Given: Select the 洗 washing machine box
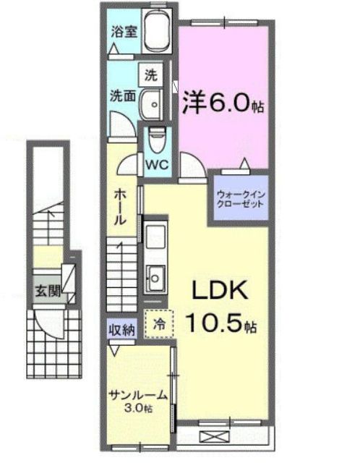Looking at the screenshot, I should click(x=150, y=75).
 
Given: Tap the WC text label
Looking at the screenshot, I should click(x=158, y=163).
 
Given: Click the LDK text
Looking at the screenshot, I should click(x=219, y=292).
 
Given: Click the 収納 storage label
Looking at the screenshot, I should click(x=122, y=330).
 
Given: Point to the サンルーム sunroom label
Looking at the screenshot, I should click(x=139, y=395).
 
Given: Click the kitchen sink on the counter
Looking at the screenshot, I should click(x=155, y=275).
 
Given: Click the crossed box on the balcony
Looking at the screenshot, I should click(x=215, y=437).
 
